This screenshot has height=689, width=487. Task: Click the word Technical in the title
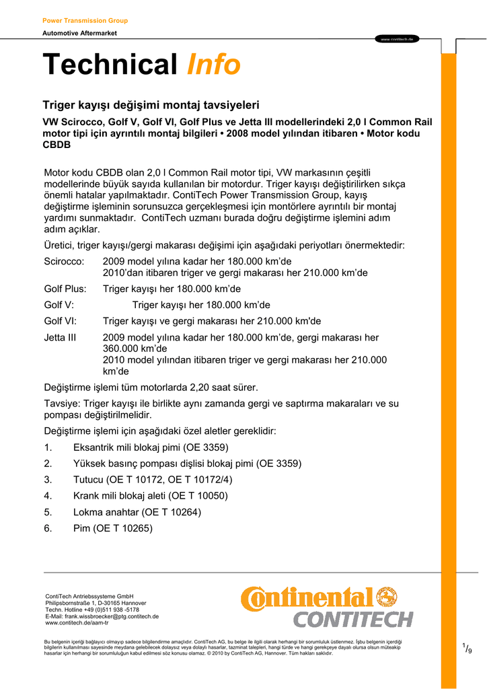(x=110, y=65)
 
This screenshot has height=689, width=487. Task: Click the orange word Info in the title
(x=213, y=65)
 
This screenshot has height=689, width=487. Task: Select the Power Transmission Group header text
(x=85, y=21)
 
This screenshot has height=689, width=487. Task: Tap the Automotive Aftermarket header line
(x=79, y=33)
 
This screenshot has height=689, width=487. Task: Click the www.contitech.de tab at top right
(x=397, y=39)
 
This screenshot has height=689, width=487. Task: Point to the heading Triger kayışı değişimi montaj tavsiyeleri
(x=151, y=105)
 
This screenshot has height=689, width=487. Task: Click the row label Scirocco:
(x=64, y=261)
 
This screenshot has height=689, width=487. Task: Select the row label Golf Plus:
(x=65, y=289)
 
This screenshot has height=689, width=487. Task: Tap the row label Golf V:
(x=59, y=305)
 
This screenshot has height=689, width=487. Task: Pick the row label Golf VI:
(x=61, y=321)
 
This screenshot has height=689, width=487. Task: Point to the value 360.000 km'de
(x=135, y=349)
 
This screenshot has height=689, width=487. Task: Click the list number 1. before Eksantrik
(x=48, y=447)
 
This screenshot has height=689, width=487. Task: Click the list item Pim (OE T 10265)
(x=113, y=528)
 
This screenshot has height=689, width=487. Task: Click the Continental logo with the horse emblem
(x=319, y=597)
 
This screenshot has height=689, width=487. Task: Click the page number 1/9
(x=467, y=649)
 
